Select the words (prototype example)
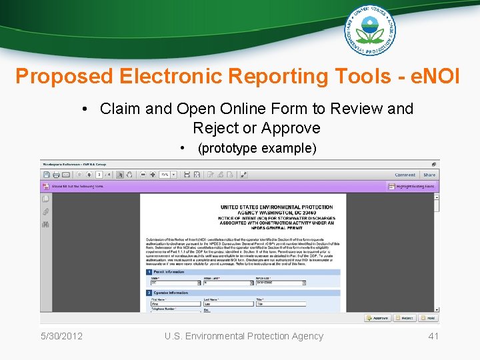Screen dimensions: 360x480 click(257, 148)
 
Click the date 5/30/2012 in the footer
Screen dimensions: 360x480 click(61, 336)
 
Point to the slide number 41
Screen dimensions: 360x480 click(433, 336)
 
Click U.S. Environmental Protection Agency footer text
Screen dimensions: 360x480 click(244, 336)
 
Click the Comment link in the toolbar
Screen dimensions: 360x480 click(405, 175)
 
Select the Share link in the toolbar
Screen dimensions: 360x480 click(429, 175)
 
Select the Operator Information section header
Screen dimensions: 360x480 click(171, 292)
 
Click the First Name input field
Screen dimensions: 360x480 click(174, 304)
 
